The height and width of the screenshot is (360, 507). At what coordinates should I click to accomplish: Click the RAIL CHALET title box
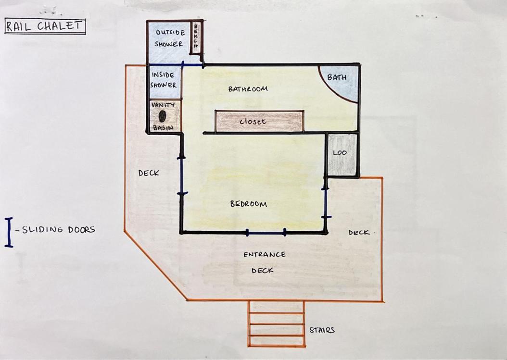tap(45, 26)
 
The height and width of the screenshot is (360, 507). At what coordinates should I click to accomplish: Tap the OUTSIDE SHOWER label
tap(170, 38)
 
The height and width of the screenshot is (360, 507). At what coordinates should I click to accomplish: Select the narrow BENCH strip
tap(196, 37)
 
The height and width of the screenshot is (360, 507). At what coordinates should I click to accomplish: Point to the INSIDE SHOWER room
tap(165, 82)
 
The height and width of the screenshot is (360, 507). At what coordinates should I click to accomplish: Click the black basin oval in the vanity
tap(162, 116)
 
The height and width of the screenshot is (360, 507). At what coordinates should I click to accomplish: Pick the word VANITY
tap(163, 105)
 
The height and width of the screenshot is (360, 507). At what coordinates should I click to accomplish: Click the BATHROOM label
tap(248, 88)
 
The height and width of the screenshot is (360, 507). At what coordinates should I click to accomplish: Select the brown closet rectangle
tap(259, 121)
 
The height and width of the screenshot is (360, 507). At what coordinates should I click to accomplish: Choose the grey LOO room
tap(342, 155)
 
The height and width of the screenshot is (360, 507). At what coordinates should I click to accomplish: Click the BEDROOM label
tap(249, 204)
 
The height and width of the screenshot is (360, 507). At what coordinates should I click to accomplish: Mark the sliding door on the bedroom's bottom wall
tap(266, 232)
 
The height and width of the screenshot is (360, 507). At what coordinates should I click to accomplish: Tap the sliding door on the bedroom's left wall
tap(182, 176)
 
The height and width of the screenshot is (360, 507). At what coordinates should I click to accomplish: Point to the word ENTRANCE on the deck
tap(265, 255)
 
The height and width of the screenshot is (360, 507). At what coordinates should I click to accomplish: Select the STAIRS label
tap(322, 330)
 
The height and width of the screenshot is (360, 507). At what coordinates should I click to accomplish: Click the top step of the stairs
tap(277, 307)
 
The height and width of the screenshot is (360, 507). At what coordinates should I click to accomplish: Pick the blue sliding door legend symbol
tap(9, 232)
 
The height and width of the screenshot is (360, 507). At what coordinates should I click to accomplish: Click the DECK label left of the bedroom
tap(149, 173)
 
